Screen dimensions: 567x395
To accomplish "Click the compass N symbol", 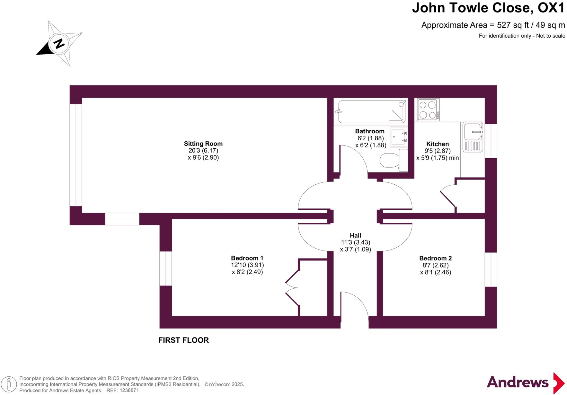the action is (x=59, y=44).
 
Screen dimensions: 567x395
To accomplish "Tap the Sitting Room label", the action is (x=203, y=144).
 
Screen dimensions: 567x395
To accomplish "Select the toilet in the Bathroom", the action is (x=393, y=160).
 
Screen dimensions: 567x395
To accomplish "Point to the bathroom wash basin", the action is (x=399, y=137).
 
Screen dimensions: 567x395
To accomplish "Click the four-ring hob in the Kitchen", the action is (x=428, y=110).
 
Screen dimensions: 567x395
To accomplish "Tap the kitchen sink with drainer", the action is (x=473, y=137).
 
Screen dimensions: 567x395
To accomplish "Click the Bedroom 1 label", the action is (x=247, y=258).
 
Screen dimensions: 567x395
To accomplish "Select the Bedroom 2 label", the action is (x=435, y=258).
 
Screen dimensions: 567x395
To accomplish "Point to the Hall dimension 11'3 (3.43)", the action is (x=355, y=242).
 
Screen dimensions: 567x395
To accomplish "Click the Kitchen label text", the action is (x=437, y=144).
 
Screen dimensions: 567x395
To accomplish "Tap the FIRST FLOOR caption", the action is (x=184, y=340).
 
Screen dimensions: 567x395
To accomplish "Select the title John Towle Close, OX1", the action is (x=488, y=8).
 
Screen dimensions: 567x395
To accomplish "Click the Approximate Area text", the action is (x=493, y=25).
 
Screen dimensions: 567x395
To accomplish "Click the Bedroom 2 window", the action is (x=491, y=270).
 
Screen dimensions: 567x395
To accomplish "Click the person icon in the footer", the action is (x=9, y=384).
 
